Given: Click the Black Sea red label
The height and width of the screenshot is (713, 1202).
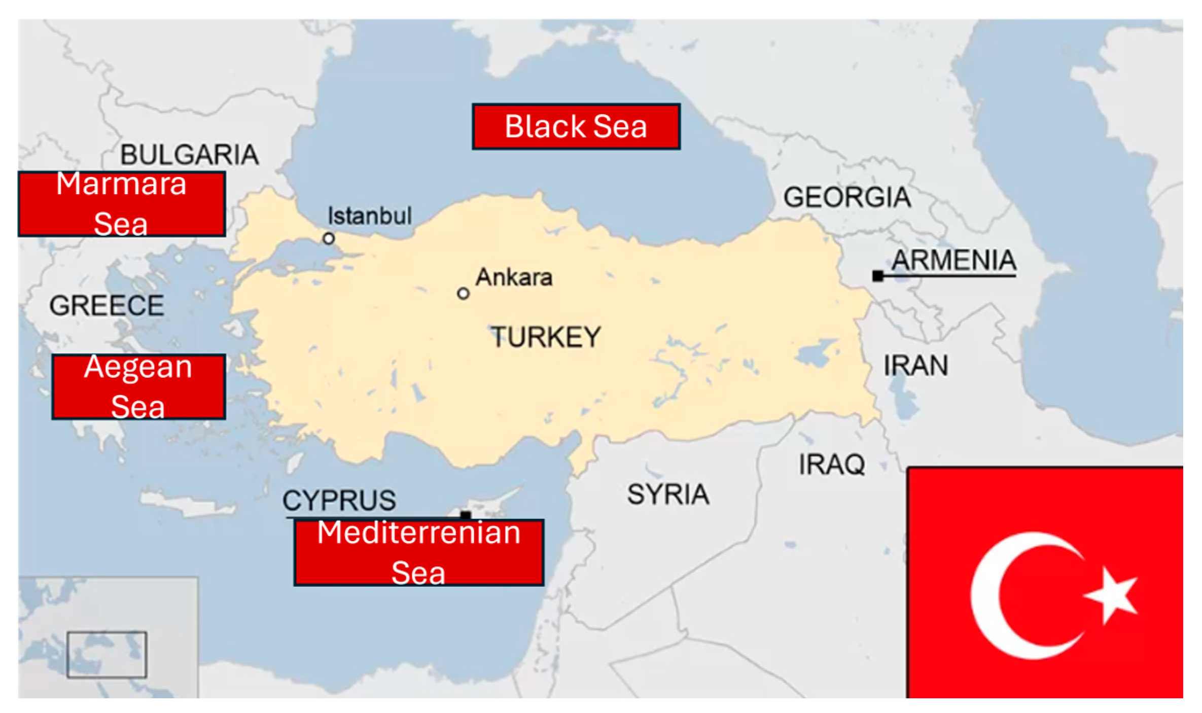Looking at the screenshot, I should click(576, 126).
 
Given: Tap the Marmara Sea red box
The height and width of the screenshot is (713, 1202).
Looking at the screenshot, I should click(122, 204).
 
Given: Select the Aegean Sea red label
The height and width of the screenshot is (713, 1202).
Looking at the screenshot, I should click(138, 387).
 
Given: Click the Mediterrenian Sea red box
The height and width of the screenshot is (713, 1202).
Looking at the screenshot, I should click(418, 553).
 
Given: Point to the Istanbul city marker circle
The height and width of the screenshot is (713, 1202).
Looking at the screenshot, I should click(329, 238).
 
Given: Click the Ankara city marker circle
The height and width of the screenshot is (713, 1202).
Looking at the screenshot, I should click(463, 294).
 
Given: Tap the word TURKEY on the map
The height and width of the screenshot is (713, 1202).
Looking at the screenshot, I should click(545, 337).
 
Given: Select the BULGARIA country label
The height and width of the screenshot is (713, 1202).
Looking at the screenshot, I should click(189, 155).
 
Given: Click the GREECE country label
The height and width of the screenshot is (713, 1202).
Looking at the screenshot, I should click(107, 306).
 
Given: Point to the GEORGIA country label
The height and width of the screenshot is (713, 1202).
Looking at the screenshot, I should click(847, 197).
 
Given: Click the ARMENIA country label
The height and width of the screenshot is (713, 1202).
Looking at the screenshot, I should click(953, 260).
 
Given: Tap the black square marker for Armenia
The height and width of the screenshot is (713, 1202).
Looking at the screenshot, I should click(878, 276).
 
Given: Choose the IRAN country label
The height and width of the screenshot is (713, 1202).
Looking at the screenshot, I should click(915, 366).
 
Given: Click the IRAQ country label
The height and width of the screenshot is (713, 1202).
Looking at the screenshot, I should click(832, 465).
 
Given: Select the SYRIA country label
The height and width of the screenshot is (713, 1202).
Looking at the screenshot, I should click(668, 494).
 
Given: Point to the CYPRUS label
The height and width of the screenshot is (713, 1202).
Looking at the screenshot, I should click(339, 501).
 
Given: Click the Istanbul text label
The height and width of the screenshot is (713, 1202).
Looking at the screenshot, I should click(369, 216).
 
